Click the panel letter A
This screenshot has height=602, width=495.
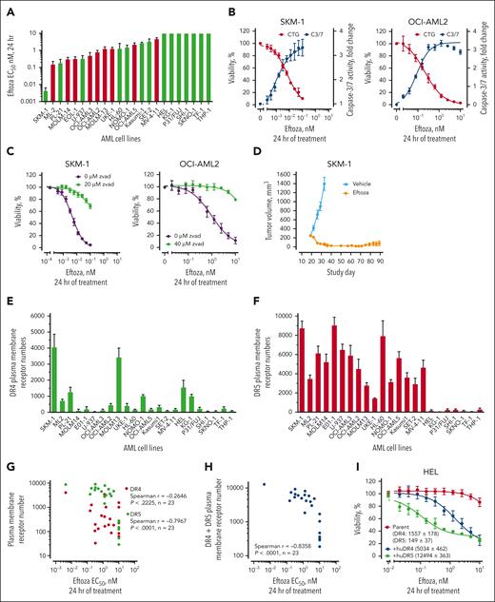(8, 9)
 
